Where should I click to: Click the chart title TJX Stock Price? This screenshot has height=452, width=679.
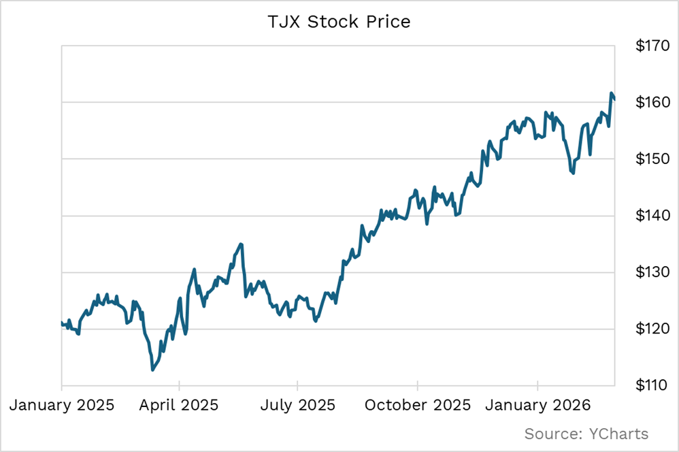click(x=339, y=22)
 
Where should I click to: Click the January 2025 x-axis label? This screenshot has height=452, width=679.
click(x=62, y=405)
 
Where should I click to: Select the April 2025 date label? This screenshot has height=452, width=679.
click(x=180, y=405)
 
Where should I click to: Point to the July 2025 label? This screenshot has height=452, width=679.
click(x=298, y=405)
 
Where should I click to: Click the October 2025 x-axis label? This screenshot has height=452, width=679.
click(x=418, y=405)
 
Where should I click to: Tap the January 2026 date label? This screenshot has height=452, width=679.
click(x=537, y=405)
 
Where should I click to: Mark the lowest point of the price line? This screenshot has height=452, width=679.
click(x=152, y=370)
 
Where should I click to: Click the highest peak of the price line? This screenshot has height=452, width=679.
click(x=612, y=93)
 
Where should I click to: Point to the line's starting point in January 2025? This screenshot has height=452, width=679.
click(x=62, y=323)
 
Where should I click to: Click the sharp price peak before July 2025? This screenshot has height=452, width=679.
click(x=241, y=244)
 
